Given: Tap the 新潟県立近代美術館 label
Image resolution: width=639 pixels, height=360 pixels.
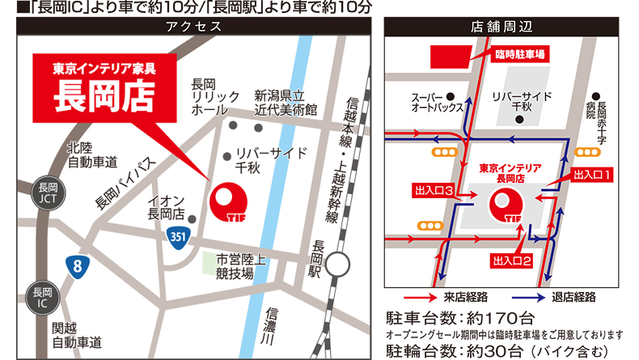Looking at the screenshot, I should tap(285, 100).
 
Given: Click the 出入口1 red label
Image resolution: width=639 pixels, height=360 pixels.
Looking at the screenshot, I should tap(595, 174).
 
